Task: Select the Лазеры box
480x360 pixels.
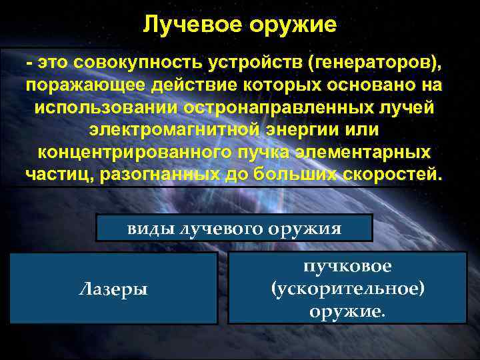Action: point(113,288)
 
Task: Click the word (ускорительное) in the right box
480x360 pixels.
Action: point(347,289)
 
